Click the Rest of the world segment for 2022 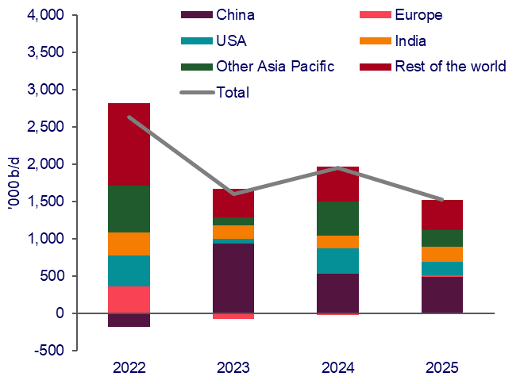point(129,144)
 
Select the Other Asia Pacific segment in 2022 point(129,209)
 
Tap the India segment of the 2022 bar point(129,244)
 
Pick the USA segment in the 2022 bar point(129,271)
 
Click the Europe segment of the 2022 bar point(129,299)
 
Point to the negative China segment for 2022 point(129,320)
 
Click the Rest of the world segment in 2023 point(233,202)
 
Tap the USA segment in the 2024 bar point(337,261)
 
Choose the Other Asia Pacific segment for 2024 point(337,218)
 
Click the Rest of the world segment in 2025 point(442,214)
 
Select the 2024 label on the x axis point(337,367)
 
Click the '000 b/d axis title point(13,181)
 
